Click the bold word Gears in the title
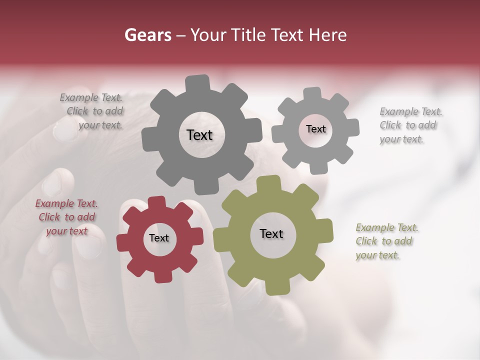(147, 35)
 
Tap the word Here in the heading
(328, 35)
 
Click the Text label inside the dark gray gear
(199, 135)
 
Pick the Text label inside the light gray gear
(315, 129)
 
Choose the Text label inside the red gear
(159, 238)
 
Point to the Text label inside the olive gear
(271, 233)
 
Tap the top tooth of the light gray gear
(312, 93)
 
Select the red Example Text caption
(66, 217)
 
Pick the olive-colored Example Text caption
(387, 241)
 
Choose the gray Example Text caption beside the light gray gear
(411, 125)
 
